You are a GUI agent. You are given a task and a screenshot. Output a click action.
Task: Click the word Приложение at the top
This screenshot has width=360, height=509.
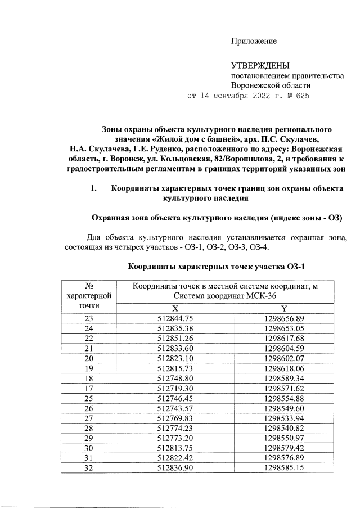(x=254, y=42)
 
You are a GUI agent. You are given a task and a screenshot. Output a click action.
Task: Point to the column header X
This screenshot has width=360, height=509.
(x=175, y=308)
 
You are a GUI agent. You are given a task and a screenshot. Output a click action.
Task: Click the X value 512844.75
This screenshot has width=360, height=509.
(x=175, y=318)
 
